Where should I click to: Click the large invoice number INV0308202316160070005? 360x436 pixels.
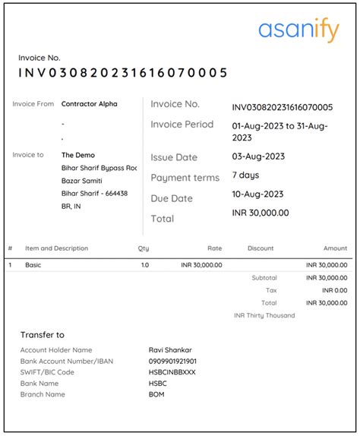pos(123,73)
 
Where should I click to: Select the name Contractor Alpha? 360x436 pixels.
pos(90,104)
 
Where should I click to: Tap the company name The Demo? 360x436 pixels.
pos(78,155)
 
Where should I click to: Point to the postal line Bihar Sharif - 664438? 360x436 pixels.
pos(94,194)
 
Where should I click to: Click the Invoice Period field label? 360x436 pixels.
pos(182,125)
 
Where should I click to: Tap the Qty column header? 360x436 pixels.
pos(144,248)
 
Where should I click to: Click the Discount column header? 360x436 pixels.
pos(261,248)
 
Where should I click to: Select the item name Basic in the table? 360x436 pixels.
pos(33,265)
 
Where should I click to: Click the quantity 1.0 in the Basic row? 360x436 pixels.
pos(144,265)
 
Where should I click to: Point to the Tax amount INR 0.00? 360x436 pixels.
pos(334,290)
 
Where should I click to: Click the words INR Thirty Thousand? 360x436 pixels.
pos(264,315)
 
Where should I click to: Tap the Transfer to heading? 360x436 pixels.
pos(43,334)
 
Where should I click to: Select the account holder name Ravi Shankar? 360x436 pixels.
pos(172,349)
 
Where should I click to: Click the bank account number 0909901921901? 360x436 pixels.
pos(173,361)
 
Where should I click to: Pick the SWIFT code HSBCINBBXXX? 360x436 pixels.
pos(172,372)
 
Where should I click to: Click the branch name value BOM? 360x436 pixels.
pos(156,394)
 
